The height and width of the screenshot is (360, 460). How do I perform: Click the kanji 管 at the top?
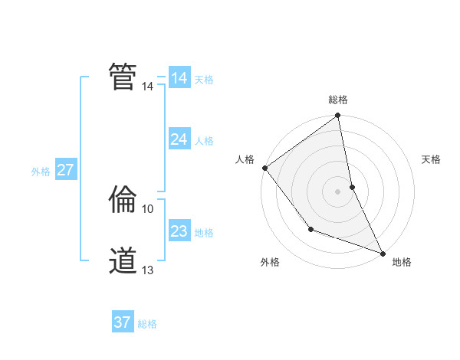(x=123, y=76)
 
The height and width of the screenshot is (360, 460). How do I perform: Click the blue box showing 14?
(x=179, y=78)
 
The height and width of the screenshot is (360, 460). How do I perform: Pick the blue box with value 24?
(x=179, y=139)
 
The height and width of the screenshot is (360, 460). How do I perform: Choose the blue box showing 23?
(x=179, y=231)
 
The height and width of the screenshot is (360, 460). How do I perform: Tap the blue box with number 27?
(x=65, y=170)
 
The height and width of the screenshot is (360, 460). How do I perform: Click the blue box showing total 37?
(x=122, y=322)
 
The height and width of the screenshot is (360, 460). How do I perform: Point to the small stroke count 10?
(x=148, y=208)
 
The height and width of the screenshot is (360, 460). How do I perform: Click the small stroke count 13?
(x=148, y=270)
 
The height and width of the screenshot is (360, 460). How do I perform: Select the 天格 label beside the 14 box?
(x=204, y=79)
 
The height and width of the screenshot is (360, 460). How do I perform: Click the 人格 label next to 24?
(x=204, y=141)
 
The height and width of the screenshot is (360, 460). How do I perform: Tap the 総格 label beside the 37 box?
(x=147, y=324)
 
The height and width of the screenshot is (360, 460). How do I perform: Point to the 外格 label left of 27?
(x=41, y=172)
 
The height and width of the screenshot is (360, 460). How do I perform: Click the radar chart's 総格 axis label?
(x=338, y=100)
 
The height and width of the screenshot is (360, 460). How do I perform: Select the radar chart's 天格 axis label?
(x=431, y=159)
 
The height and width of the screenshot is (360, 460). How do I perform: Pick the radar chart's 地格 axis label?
(x=402, y=262)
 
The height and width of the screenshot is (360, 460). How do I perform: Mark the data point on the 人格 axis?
(x=264, y=168)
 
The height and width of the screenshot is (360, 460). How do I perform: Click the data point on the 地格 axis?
(x=383, y=253)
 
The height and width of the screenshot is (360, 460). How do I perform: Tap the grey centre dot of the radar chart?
(x=337, y=191)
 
